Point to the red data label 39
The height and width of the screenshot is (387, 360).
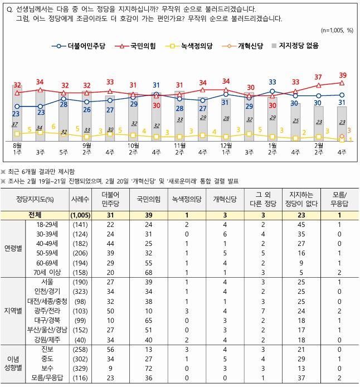[x=342, y=75]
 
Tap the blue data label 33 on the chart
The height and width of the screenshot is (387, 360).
[x=273, y=83]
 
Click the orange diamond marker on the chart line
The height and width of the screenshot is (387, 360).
[x=342, y=136]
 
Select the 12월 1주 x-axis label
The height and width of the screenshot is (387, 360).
[x=225, y=148]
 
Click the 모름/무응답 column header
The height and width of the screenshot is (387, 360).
[x=339, y=198]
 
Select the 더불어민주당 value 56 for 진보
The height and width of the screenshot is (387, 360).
[x=109, y=349]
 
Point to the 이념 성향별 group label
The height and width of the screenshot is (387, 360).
[x=13, y=364]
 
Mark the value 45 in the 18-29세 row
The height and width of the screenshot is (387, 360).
[x=301, y=224]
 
